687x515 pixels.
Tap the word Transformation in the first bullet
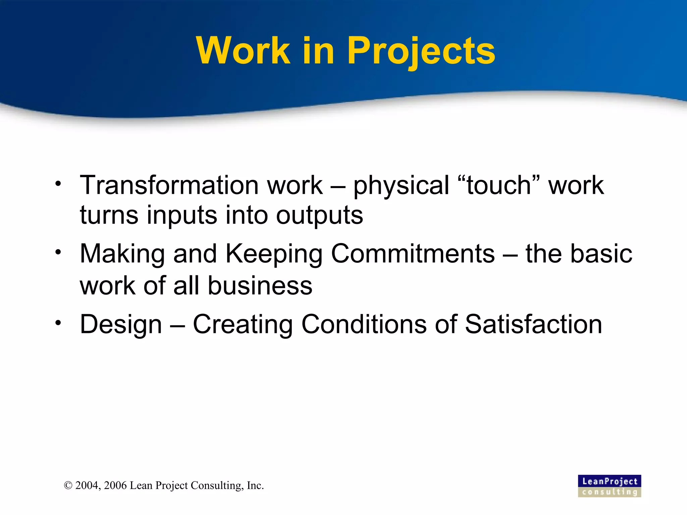click(167, 185)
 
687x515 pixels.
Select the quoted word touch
click(499, 185)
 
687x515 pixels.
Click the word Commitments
click(413, 254)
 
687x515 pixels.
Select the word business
click(260, 286)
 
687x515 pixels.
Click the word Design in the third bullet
click(121, 325)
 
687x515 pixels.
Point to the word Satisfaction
click(533, 324)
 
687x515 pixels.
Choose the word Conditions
click(364, 324)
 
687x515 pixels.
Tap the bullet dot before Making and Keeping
click(59, 252)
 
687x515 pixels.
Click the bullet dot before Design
click(59, 323)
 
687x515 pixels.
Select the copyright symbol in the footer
click(68, 485)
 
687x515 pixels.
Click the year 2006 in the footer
click(115, 485)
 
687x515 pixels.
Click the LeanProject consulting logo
click(609, 486)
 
